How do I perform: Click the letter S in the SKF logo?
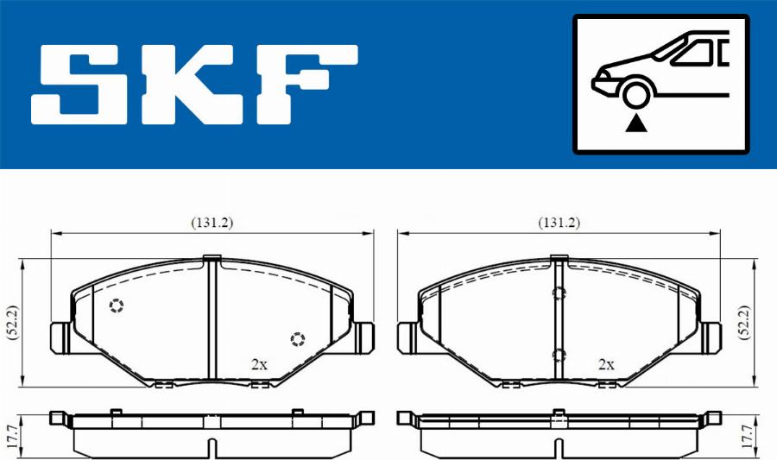pyautogui.click(x=79, y=85)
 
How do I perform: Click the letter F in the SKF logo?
pyautogui.click(x=306, y=85)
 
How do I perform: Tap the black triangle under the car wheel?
pyautogui.click(x=635, y=123)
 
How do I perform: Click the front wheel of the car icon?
pyautogui.click(x=636, y=95)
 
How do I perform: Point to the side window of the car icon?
pyautogui.click(x=694, y=53)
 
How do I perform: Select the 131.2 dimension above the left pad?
pyautogui.click(x=212, y=223)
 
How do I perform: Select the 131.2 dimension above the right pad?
pyautogui.click(x=559, y=223)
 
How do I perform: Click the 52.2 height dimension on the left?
pyautogui.click(x=12, y=323)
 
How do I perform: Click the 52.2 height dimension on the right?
pyautogui.click(x=744, y=323)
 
